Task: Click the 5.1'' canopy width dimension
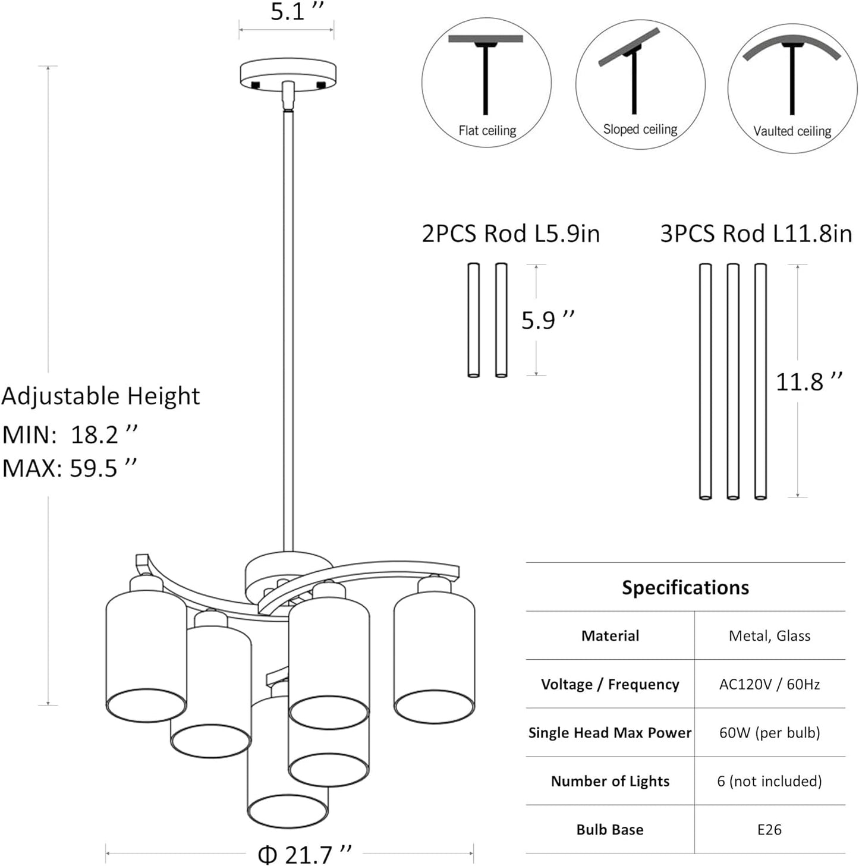297,11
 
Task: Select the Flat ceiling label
487,130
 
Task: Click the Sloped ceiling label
640,129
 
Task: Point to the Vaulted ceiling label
792,131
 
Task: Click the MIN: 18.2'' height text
70,434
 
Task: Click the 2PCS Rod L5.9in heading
510,233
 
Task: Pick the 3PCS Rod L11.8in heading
756,233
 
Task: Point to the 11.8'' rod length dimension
808,381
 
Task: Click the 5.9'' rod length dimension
548,320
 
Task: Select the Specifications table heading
685,587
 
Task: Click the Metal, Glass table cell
769,635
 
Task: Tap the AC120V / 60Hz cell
769,684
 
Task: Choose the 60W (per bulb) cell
769,732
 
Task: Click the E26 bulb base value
769,829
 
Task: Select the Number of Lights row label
610,781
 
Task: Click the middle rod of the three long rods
733,380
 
